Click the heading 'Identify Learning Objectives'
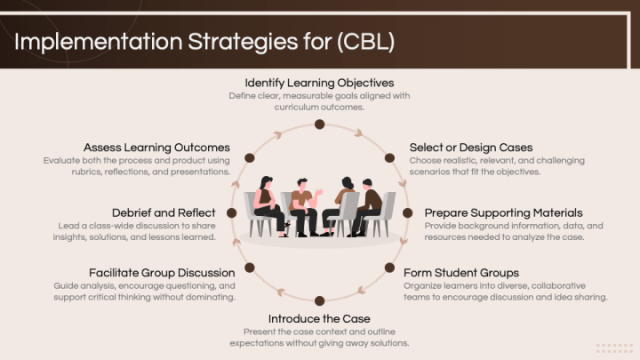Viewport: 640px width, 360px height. click(319, 83)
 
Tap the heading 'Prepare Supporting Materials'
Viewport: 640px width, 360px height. click(503, 213)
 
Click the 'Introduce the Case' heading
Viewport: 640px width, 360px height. click(319, 318)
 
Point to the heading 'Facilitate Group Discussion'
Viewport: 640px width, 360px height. click(162, 272)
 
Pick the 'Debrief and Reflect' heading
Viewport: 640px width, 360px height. click(164, 213)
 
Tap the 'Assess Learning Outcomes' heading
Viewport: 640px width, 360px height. click(156, 147)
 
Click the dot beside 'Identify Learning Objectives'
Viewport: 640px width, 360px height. click(319, 124)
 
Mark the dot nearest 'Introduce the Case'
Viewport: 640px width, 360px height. click(319, 300)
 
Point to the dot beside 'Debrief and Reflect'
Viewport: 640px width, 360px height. click(231, 213)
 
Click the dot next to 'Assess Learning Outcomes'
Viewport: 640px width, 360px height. click(250, 157)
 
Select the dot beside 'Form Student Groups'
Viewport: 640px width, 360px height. click(389, 268)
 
